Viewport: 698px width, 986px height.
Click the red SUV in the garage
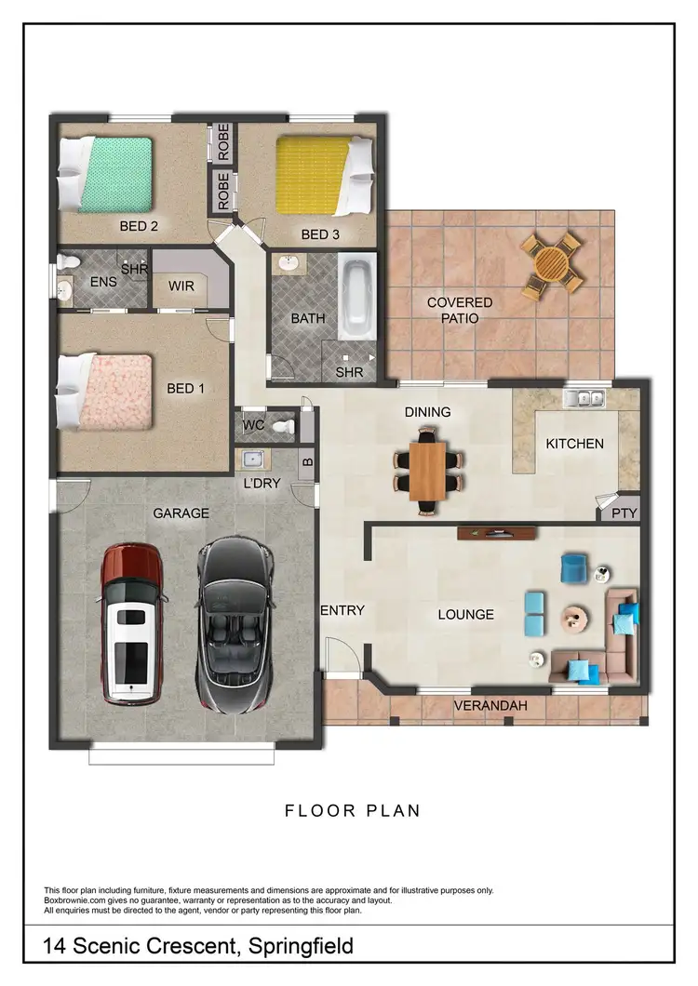[130, 623]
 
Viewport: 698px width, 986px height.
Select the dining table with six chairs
[428, 470]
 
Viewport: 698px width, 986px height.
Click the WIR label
[181, 286]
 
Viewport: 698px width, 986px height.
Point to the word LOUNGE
[465, 614]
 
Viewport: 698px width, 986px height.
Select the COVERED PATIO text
[460, 311]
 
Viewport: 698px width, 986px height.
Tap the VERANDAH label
[490, 706]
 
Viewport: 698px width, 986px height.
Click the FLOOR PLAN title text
[353, 811]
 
